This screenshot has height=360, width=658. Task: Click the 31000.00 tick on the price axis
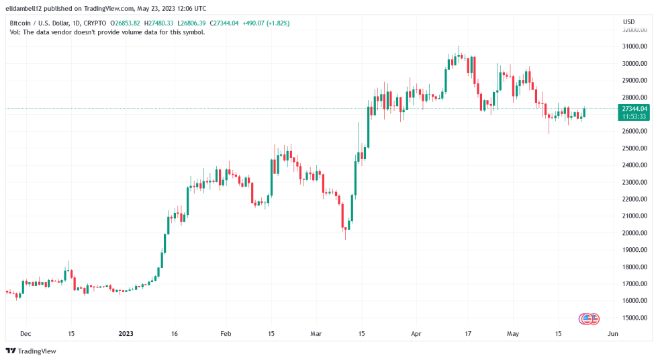634,46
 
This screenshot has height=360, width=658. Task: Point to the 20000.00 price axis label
634,233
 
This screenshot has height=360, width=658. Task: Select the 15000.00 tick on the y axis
634,318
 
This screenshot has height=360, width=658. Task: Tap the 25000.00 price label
634,148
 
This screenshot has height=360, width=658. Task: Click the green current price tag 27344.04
634,108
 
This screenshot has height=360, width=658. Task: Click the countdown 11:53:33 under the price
634,116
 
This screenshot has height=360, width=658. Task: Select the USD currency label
628,22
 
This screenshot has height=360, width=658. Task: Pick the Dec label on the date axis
25,333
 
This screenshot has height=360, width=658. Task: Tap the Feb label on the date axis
226,333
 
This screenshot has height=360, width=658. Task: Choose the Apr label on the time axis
415,333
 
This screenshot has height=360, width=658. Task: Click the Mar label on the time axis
316,333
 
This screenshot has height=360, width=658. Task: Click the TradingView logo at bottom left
31,351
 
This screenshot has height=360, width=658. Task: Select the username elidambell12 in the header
27,9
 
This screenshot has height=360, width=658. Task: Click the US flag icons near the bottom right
589,318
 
